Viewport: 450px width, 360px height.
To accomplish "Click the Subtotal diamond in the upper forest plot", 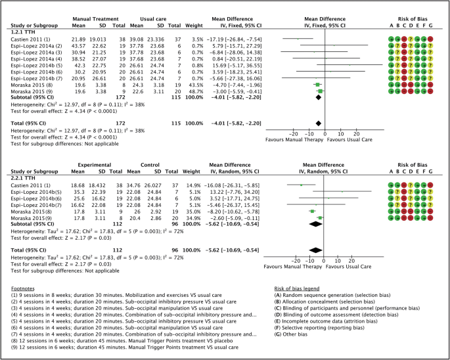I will point(318,97).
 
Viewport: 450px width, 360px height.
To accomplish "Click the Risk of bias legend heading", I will point(300,287).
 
